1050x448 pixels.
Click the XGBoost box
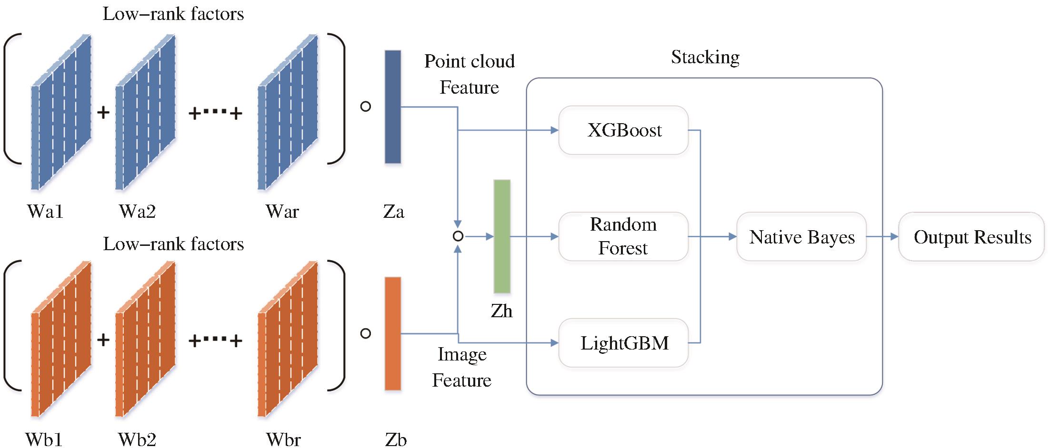click(x=623, y=130)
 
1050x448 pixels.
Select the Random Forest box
click(x=623, y=236)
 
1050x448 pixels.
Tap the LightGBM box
click(x=623, y=343)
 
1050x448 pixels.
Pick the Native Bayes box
click(x=801, y=237)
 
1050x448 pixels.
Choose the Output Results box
click(x=971, y=237)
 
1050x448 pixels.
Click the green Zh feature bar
click(x=502, y=236)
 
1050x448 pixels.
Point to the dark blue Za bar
click(x=393, y=107)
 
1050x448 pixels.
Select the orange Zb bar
click(x=393, y=334)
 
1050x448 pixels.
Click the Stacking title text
click(x=705, y=57)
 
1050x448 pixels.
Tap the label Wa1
click(x=45, y=212)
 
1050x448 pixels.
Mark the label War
click(x=282, y=212)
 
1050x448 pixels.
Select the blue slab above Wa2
click(x=145, y=113)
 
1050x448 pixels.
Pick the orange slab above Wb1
click(x=60, y=339)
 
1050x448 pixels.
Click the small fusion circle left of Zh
click(x=458, y=236)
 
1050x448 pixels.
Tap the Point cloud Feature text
click(x=470, y=74)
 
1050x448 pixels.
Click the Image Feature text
click(x=461, y=367)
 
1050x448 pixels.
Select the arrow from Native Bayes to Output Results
click(x=882, y=236)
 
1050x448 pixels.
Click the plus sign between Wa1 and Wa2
click(x=103, y=113)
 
